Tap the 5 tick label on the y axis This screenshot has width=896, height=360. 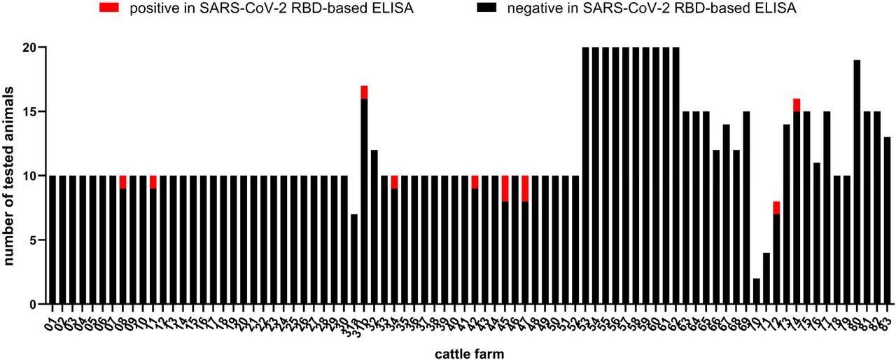click(x=30, y=240)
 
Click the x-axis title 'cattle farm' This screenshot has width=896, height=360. click(x=469, y=353)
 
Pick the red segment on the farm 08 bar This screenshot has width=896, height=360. click(x=123, y=182)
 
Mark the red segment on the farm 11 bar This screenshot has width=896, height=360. click(x=153, y=182)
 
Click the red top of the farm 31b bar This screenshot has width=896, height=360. click(x=364, y=92)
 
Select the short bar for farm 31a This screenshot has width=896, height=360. click(x=354, y=259)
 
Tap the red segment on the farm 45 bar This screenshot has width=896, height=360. click(x=505, y=188)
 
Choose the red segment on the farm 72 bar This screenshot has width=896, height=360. click(x=777, y=208)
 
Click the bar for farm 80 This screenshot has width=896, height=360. click(x=857, y=182)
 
